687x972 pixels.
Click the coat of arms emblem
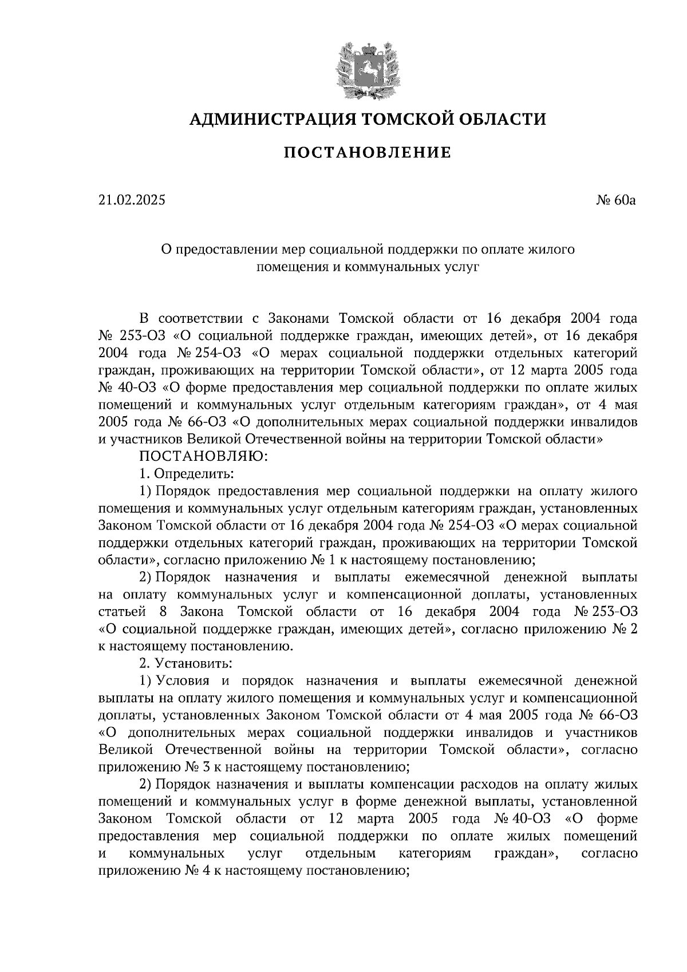[x=367, y=68]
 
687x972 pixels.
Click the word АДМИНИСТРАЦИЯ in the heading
[x=265, y=119]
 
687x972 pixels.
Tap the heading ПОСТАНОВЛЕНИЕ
[x=367, y=152]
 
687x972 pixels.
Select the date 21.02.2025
[x=131, y=200]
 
